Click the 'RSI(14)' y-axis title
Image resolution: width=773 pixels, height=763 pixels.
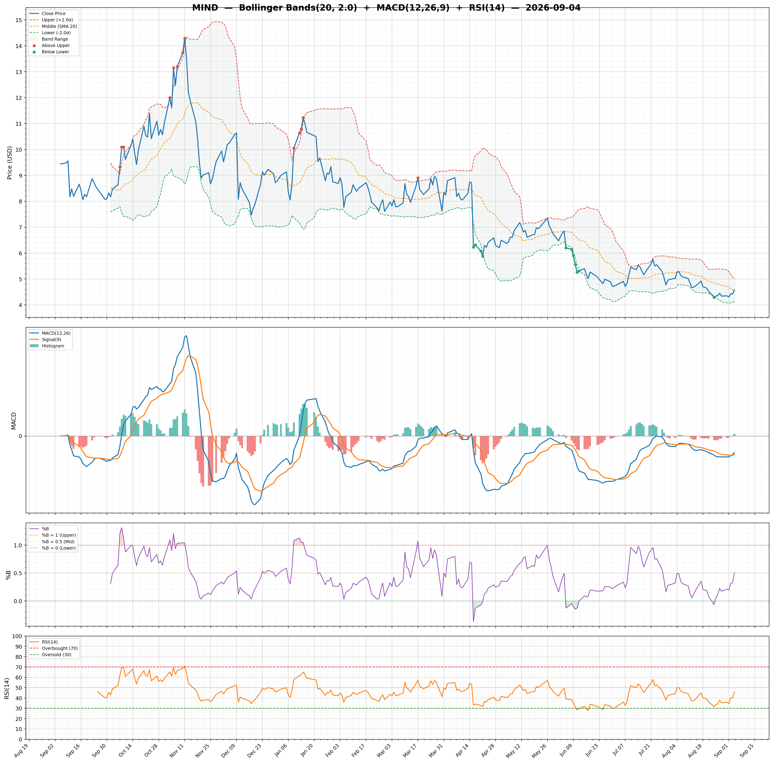tap(7, 689)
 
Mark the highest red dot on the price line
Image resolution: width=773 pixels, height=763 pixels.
tap(185, 38)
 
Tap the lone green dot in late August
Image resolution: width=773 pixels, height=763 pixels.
tap(714, 297)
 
